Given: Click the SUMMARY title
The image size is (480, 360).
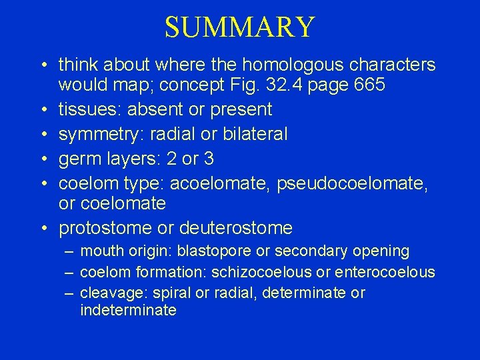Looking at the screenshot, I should click(239, 27).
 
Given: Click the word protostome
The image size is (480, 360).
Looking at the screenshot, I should click(105, 228).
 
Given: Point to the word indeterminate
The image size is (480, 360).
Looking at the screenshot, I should click(128, 310).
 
